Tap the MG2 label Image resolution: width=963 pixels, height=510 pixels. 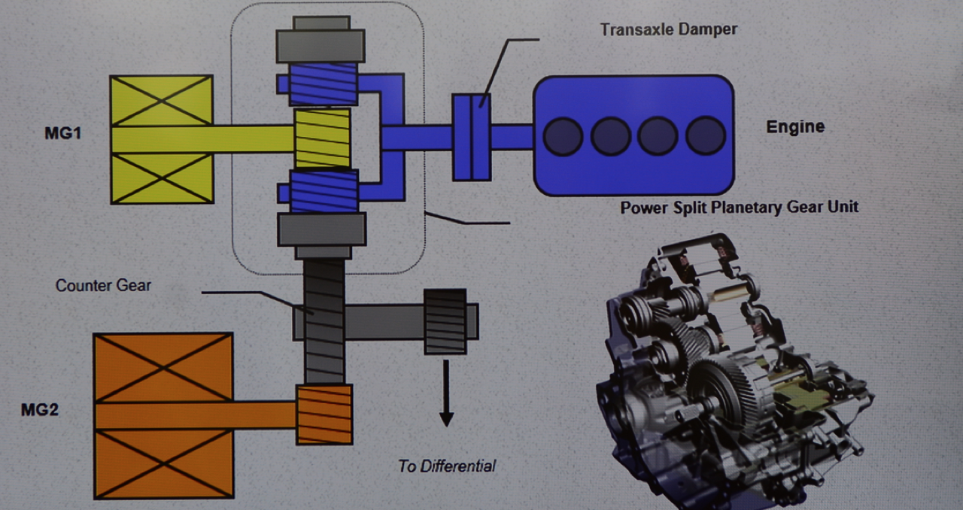41,410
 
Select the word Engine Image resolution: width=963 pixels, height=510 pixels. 794,126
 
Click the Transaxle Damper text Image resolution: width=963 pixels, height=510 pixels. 669,30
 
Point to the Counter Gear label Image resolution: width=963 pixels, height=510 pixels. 103,286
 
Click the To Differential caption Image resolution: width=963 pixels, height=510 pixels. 447,466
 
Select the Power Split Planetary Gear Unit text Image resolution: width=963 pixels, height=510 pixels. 739,207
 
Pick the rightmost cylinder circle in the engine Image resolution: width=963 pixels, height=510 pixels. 706,136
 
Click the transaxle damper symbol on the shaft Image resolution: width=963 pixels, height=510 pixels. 472,137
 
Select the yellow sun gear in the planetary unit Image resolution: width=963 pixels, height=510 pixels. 322,138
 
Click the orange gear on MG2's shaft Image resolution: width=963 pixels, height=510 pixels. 324,413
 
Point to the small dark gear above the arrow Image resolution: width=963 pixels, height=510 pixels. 445,320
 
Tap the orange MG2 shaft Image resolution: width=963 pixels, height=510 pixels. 196,414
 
